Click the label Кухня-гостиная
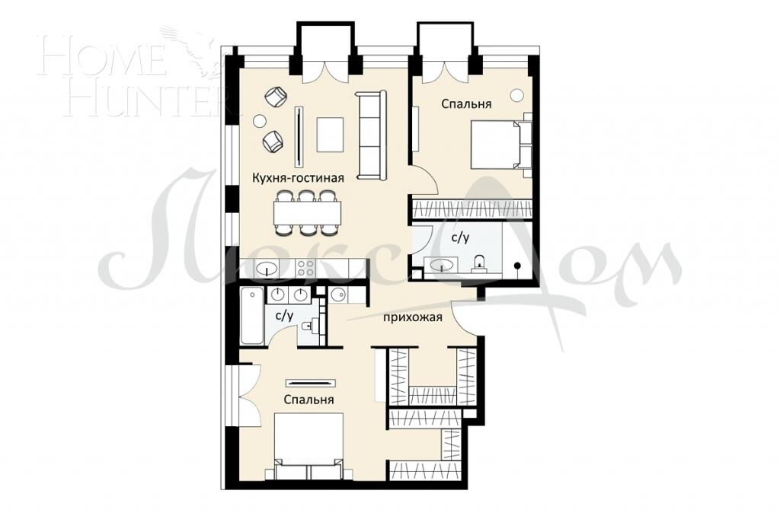point(298,178)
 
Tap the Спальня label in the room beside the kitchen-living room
point(466,104)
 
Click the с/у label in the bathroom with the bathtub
point(284,315)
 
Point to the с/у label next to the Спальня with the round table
point(460,238)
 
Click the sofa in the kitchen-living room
point(372,135)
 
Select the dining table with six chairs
point(307,212)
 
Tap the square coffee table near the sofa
point(331,135)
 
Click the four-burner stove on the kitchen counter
point(306,268)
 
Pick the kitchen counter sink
point(267,268)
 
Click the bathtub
point(252,315)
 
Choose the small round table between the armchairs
point(261,119)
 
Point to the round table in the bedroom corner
point(517,95)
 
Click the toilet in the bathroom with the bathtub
point(308,326)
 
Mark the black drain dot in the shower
point(518,266)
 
